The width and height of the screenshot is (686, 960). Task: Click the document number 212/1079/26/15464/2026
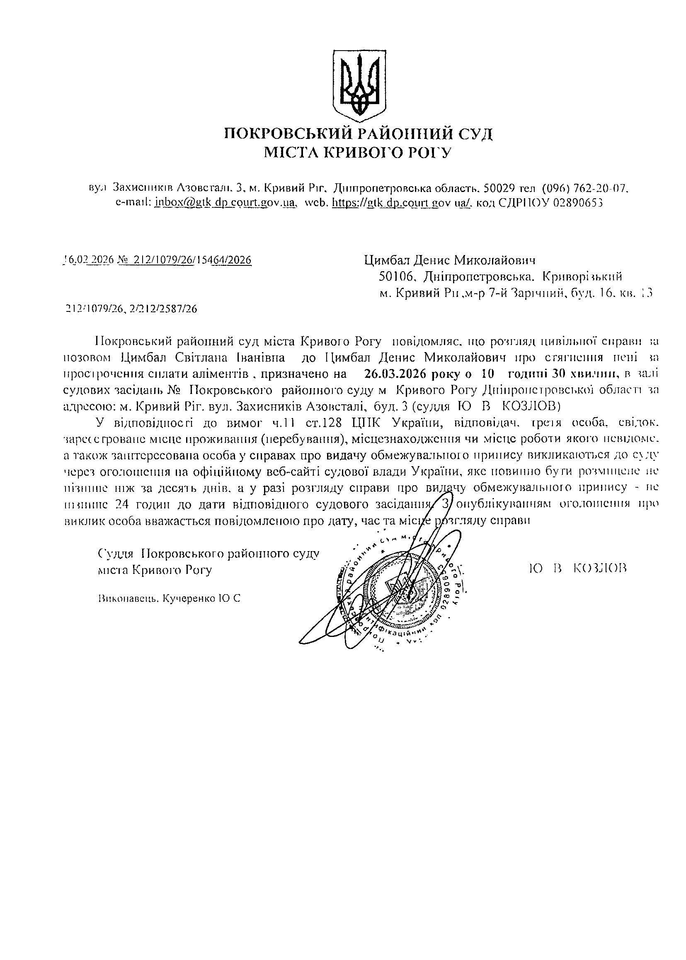192,260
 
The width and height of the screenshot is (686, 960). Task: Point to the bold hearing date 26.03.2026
395,374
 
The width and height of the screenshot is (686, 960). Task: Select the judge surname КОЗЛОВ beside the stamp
600,568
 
